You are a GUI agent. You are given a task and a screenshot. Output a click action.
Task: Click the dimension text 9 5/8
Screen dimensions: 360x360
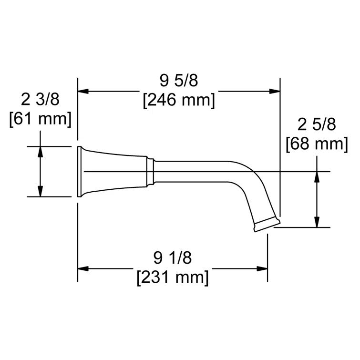click(179, 82)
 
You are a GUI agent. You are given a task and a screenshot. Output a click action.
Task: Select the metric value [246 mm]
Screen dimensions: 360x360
click(179, 101)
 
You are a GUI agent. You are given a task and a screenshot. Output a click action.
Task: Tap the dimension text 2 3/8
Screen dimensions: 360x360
click(40, 100)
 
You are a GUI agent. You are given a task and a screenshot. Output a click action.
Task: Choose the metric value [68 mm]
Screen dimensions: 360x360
click(317, 143)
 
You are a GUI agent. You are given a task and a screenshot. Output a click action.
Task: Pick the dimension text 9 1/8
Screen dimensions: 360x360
click(172, 258)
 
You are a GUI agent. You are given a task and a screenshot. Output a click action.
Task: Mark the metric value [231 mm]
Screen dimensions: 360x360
click(172, 277)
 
